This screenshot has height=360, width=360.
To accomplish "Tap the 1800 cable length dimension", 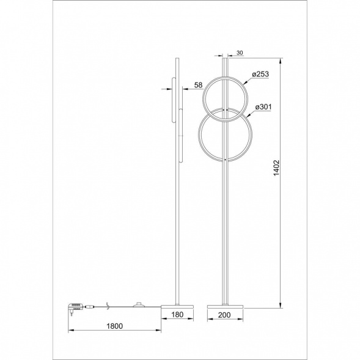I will pyautogui.click(x=114, y=326).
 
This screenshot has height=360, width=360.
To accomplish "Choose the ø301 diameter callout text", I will pyautogui.click(x=261, y=107).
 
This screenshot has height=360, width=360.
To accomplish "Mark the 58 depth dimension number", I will pyautogui.click(x=198, y=85).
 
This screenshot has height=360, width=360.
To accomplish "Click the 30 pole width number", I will pyautogui.click(x=239, y=53).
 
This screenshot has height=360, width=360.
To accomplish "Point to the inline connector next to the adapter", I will pyautogui.click(x=89, y=306).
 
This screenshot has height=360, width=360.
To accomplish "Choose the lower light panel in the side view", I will pyautogui.click(x=181, y=134).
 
